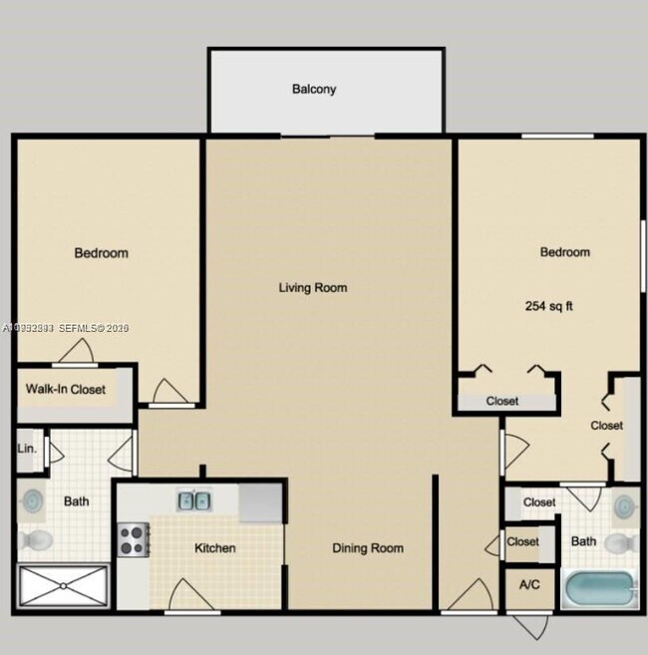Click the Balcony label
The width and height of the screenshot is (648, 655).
tap(314, 89)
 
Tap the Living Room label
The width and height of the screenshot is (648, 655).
tap(312, 288)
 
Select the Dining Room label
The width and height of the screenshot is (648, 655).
tap(367, 547)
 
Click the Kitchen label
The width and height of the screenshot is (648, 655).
tap(214, 547)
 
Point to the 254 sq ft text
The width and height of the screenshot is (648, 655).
tap(548, 306)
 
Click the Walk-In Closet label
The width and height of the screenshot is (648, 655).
tap(66, 389)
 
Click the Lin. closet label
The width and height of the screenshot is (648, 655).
tap(27, 449)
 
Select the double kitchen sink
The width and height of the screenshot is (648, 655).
tap(194, 500)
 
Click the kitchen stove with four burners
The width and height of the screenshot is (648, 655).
tap(134, 539)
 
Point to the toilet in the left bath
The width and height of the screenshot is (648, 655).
tap(35, 540)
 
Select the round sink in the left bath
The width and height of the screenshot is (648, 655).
tap(32, 500)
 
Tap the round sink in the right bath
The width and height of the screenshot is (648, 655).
tap(624, 505)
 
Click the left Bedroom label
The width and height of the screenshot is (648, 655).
tap(102, 253)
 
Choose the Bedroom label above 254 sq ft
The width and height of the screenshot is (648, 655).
tap(564, 252)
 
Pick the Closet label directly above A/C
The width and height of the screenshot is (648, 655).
tap(522, 541)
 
